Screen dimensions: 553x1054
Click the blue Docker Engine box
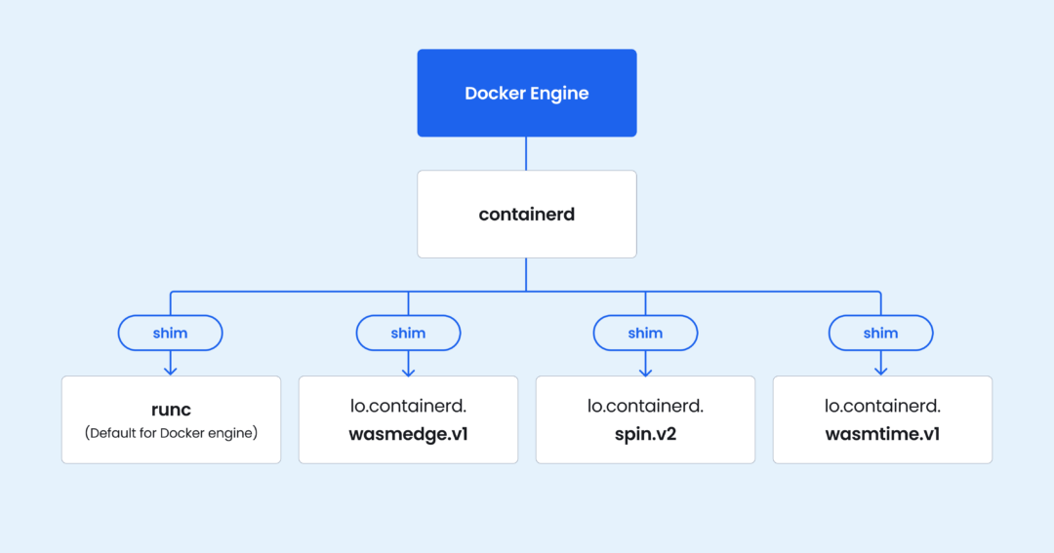527,93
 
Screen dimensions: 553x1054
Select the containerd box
527,215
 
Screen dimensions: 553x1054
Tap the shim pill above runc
170,334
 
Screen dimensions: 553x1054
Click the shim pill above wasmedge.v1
408,334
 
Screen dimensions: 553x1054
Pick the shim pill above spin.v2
645,334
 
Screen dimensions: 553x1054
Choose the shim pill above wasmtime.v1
880,334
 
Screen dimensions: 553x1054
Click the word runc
171,409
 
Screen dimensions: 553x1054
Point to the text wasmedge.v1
408,434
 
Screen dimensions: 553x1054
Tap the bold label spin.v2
645,434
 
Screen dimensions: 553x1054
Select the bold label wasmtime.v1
882,434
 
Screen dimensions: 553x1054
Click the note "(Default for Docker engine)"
171,432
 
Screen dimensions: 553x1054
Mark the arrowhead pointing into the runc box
171,371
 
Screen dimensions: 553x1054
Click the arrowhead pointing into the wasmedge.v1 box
408,371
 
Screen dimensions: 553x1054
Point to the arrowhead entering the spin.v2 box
645,371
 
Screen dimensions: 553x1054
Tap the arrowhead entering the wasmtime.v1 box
880,371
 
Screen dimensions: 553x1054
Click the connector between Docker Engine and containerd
526,154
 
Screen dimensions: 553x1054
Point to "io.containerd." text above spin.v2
645,406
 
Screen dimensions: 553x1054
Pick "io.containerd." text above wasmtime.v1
882,406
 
